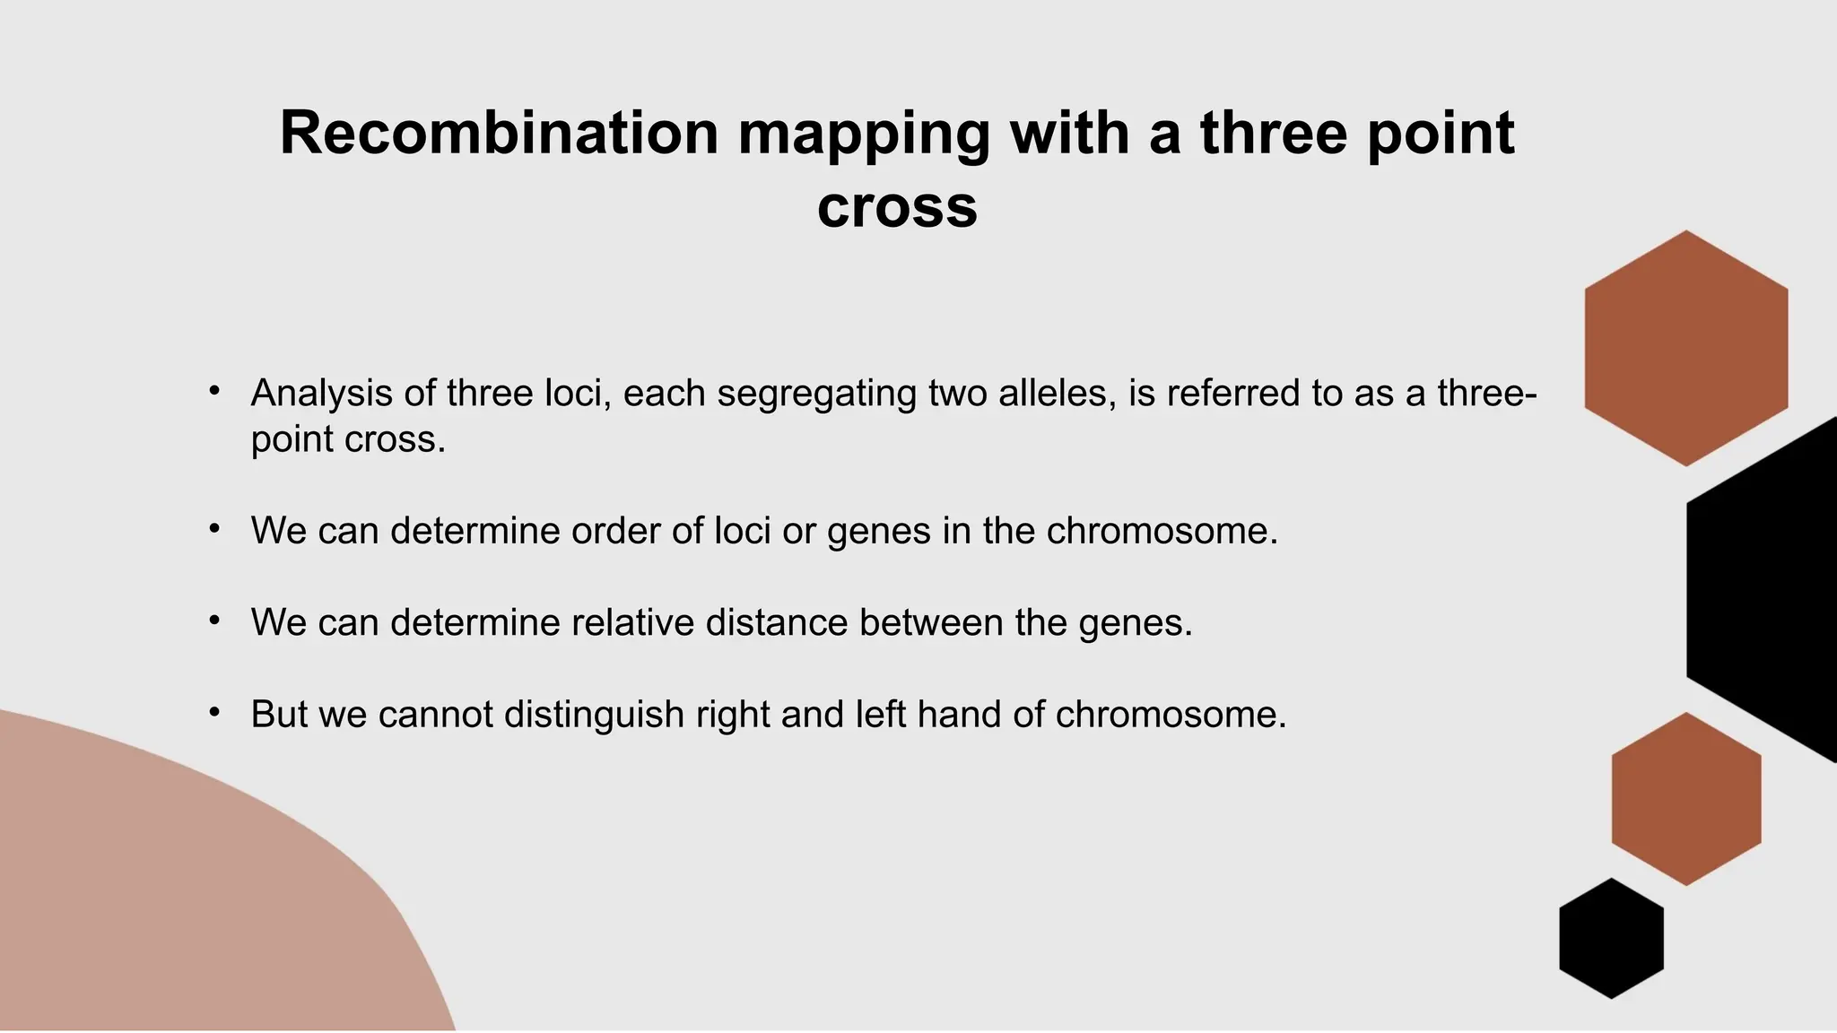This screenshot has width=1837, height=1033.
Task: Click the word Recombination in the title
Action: click(x=499, y=134)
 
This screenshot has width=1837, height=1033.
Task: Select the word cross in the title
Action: click(x=897, y=207)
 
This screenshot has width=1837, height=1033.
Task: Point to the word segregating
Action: click(x=816, y=395)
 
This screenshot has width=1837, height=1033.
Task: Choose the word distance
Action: click(x=777, y=622)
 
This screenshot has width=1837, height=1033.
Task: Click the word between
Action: click(x=930, y=622)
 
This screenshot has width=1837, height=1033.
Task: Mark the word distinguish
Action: click(x=594, y=715)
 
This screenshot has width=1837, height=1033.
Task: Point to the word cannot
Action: click(x=435, y=715)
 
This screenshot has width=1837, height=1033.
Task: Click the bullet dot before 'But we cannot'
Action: click(x=213, y=713)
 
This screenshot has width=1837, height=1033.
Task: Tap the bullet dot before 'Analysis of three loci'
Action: click(x=213, y=392)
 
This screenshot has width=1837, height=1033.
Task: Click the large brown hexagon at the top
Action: click(x=1685, y=348)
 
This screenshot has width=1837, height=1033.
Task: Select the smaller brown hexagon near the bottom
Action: click(x=1685, y=799)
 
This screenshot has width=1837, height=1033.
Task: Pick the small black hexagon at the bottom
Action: click(x=1611, y=938)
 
